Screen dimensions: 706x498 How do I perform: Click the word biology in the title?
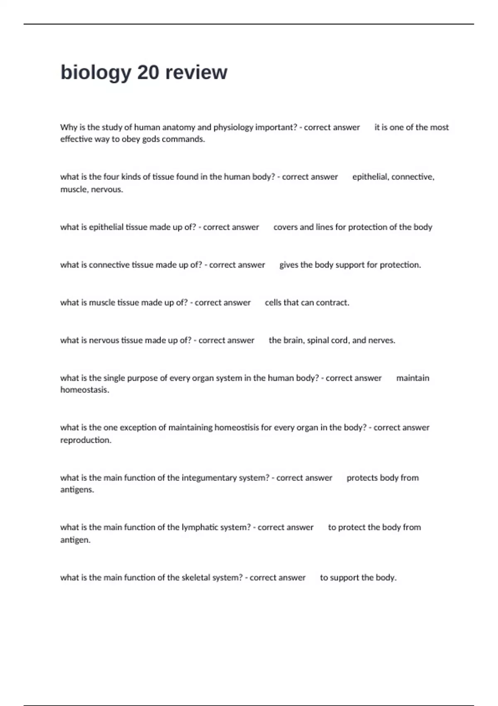click(x=95, y=73)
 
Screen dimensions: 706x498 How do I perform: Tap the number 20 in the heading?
click(x=148, y=73)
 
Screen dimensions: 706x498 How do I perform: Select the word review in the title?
click(x=196, y=73)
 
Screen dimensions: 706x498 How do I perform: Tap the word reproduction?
click(x=85, y=440)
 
